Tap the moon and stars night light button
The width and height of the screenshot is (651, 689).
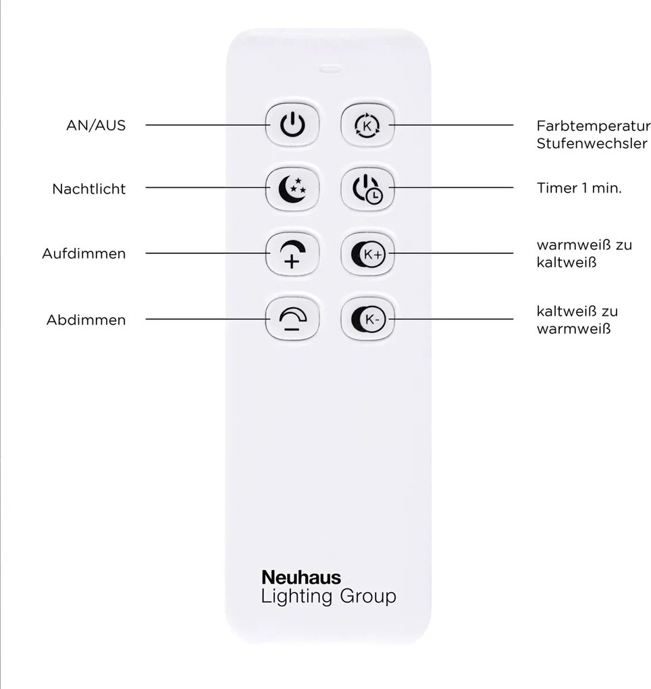coord(292,189)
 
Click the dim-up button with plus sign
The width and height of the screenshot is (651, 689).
coord(292,254)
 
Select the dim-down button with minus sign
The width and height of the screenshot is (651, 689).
coord(292,319)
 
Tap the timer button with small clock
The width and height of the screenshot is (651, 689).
coord(367,189)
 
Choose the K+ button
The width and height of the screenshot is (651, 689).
coord(367,254)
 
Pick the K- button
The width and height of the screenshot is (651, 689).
coord(367,319)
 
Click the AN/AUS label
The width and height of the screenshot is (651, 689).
coord(96,126)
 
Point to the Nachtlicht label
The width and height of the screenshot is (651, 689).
coord(88,189)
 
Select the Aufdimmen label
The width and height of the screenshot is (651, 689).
coord(84,253)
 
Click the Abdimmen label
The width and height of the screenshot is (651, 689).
coord(86,320)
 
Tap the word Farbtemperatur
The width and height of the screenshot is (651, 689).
coord(594,126)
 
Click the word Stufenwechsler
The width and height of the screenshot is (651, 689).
coord(592,144)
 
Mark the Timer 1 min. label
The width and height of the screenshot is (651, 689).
coord(579,188)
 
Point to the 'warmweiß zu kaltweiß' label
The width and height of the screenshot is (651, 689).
coord(584,253)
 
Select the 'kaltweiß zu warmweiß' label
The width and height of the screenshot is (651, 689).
coord(577,320)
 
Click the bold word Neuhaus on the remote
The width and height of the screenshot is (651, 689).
coord(301,578)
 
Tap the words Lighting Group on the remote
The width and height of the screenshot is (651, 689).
coord(329,596)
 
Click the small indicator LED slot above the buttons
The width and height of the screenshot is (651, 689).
coord(330,69)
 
